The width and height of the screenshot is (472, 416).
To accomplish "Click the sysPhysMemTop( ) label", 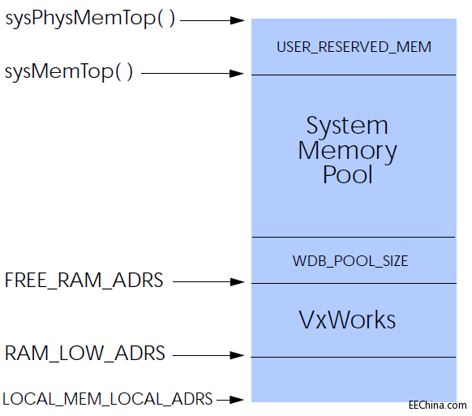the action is (x=90, y=19).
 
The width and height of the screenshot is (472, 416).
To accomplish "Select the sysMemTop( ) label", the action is (x=69, y=72).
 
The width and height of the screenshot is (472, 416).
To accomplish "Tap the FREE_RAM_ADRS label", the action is (x=84, y=281).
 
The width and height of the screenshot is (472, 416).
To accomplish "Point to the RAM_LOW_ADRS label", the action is (x=85, y=353).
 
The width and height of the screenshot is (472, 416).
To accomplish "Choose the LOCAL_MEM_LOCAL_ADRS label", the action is (x=108, y=399).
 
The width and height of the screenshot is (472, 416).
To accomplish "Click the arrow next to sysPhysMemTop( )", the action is (x=212, y=20).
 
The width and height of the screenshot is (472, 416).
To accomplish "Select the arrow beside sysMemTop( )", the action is (x=193, y=73).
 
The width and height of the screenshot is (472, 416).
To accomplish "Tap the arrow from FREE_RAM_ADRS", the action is (x=209, y=281).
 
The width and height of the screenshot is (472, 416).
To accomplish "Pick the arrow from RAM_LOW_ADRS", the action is (x=209, y=355).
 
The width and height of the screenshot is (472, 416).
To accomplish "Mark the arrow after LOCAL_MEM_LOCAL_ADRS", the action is (x=230, y=400).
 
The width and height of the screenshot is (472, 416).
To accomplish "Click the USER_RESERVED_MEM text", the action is (x=354, y=47).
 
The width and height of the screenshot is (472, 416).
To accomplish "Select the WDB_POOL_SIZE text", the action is (x=350, y=261).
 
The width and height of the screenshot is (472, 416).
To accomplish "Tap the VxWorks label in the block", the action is (x=347, y=320).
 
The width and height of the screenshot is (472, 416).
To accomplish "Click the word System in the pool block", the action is (x=347, y=126).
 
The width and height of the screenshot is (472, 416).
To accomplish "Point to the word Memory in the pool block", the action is (x=347, y=152).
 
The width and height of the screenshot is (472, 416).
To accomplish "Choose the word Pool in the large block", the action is (x=348, y=174).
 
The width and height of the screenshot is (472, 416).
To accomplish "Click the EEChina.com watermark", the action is (x=438, y=405).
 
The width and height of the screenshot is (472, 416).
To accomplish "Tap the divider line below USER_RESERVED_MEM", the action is (x=354, y=75).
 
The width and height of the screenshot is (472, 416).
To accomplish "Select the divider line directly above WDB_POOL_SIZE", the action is (x=354, y=238).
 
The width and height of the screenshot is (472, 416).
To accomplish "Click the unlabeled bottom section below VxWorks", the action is (x=354, y=380).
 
